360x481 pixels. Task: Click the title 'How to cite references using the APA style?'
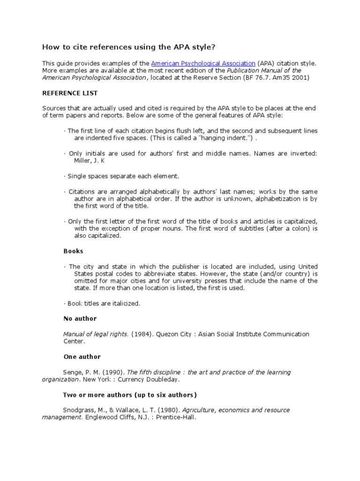pyautogui.click(x=130, y=47)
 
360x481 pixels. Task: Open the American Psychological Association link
pyautogui.click(x=203, y=63)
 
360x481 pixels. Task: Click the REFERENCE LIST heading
pyautogui.click(x=70, y=93)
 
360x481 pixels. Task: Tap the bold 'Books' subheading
pyautogui.click(x=73, y=251)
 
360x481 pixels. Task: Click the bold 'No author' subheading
pyautogui.click(x=80, y=318)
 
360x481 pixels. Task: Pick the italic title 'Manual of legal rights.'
pyautogui.click(x=96, y=334)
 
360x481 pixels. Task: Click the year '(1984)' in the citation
pyautogui.click(x=142, y=334)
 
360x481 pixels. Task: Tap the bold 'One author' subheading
pyautogui.click(x=82, y=357)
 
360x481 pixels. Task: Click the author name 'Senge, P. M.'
pyautogui.click(x=81, y=372)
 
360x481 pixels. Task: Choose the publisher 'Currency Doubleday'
pyautogui.click(x=150, y=380)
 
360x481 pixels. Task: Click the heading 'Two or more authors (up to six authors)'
pyautogui.click(x=130, y=395)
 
